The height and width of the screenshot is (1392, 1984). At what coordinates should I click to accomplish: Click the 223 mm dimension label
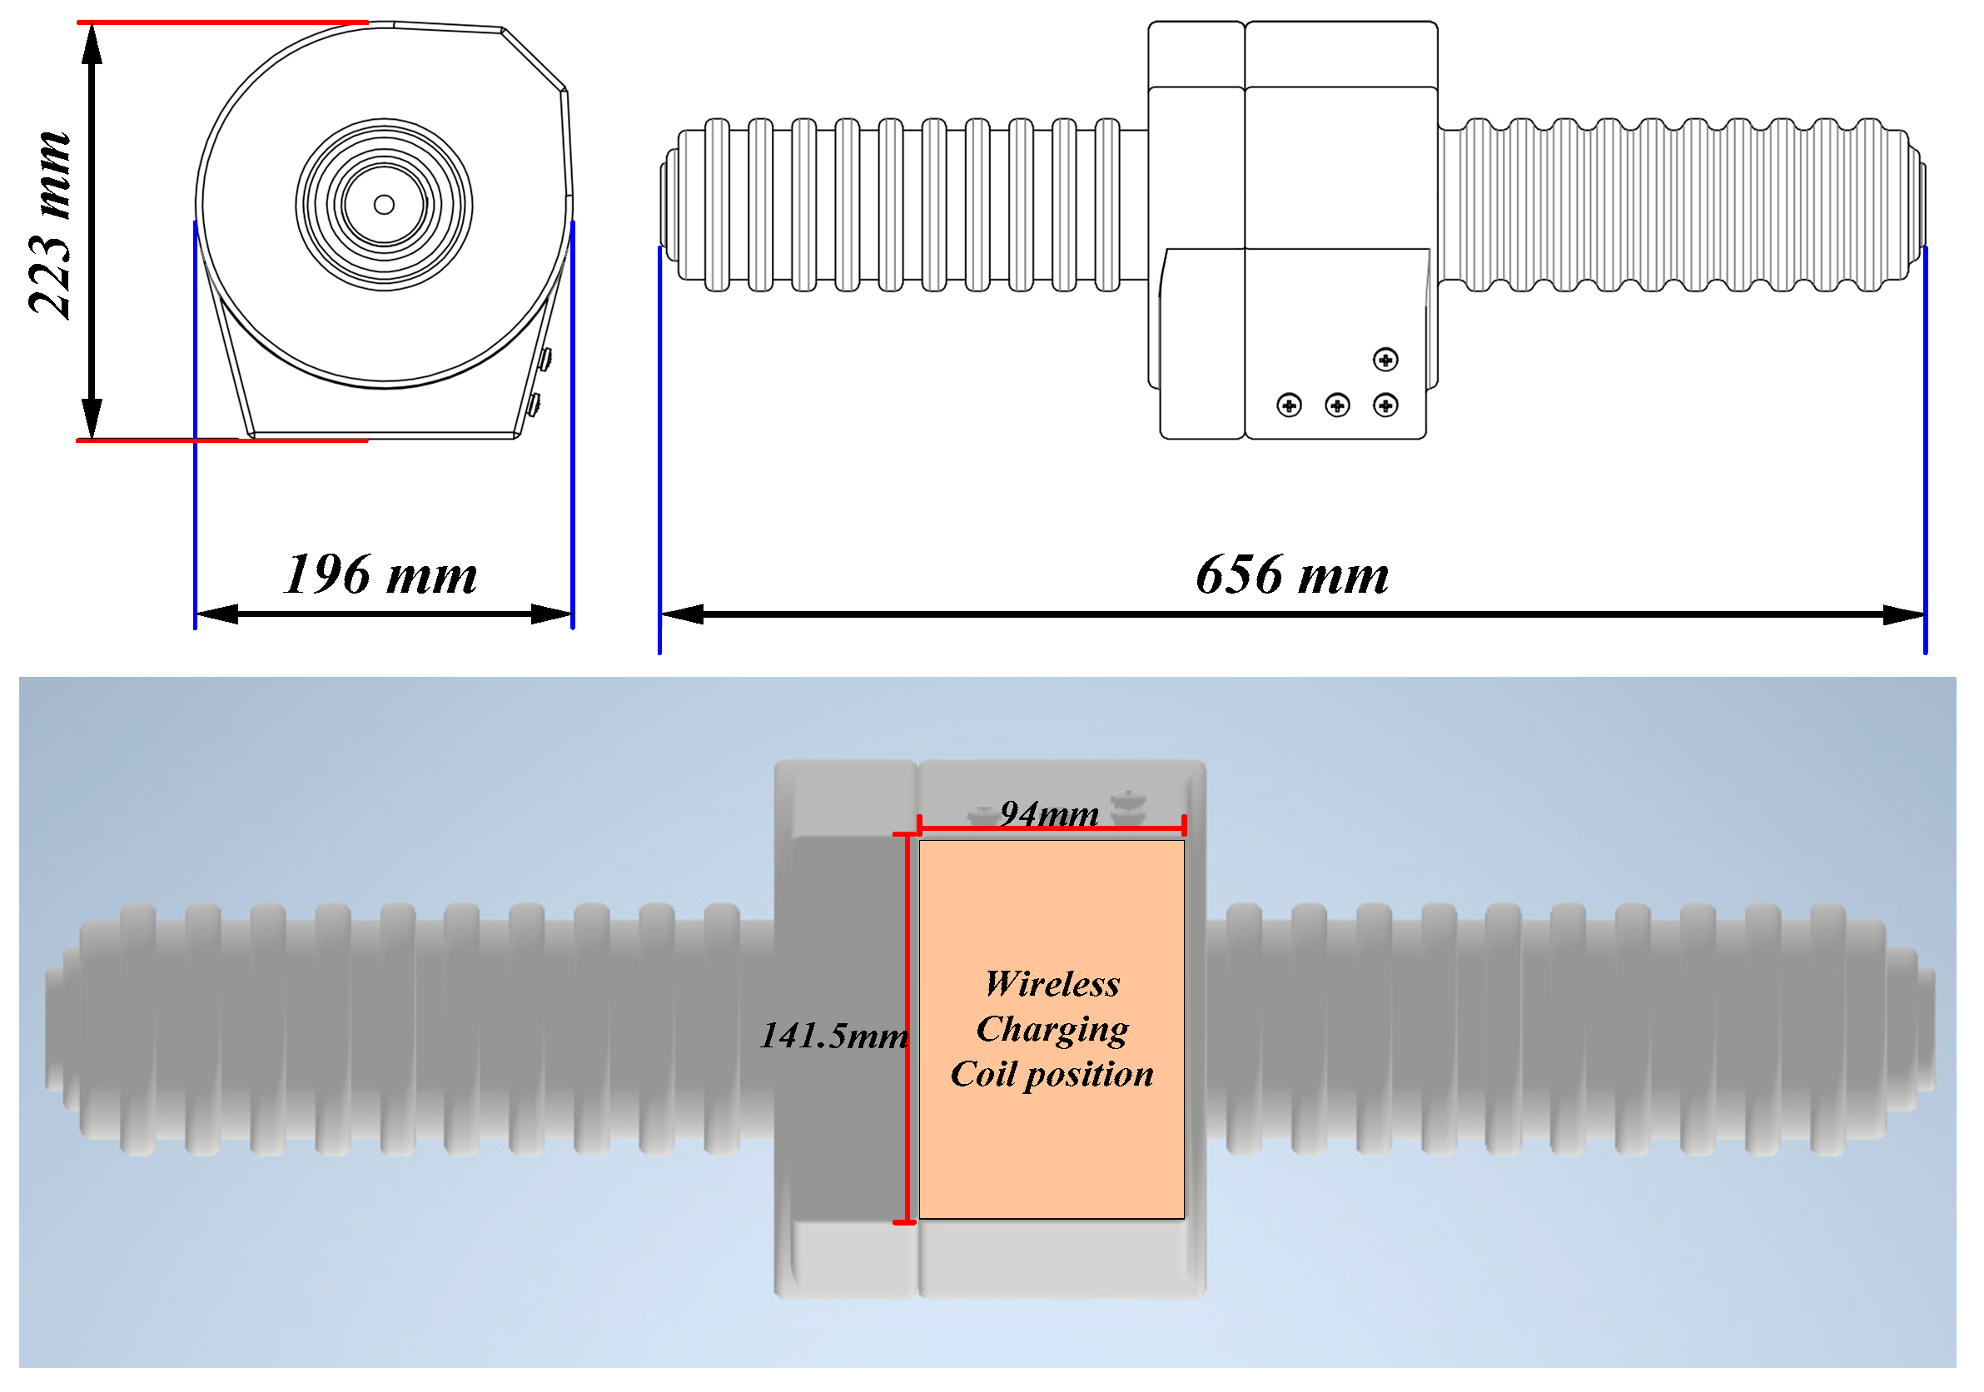tap(49, 226)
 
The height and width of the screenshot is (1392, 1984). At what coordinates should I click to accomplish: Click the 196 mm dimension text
tap(380, 575)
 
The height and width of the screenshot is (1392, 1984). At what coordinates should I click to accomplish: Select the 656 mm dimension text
tap(1292, 575)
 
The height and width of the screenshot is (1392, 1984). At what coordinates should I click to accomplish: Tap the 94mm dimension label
tap(1049, 814)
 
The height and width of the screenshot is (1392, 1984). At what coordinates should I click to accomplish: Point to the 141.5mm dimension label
tap(833, 1036)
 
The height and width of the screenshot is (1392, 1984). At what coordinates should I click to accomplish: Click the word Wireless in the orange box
tap(1052, 984)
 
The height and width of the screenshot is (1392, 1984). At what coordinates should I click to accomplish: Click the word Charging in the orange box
tap(1052, 1030)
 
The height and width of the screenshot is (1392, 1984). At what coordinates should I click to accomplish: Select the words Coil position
tap(1052, 1075)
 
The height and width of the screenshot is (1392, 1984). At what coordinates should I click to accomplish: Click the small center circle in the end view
tap(385, 205)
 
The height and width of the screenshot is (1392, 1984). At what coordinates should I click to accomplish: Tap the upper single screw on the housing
tap(1385, 360)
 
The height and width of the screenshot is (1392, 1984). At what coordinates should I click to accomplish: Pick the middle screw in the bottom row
tap(1337, 405)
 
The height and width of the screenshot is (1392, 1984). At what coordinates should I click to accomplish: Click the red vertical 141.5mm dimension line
tap(907, 1028)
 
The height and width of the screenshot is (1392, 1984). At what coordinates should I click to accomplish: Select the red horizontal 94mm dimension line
tap(1051, 828)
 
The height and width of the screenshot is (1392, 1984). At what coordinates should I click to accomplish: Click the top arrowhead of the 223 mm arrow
tap(92, 45)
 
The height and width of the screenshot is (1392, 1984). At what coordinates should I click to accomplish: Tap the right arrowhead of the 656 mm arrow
tap(1902, 615)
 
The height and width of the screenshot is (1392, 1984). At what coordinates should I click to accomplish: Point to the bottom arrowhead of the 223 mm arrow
tap(92, 418)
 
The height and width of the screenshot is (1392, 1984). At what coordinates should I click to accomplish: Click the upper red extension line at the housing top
tap(222, 22)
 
